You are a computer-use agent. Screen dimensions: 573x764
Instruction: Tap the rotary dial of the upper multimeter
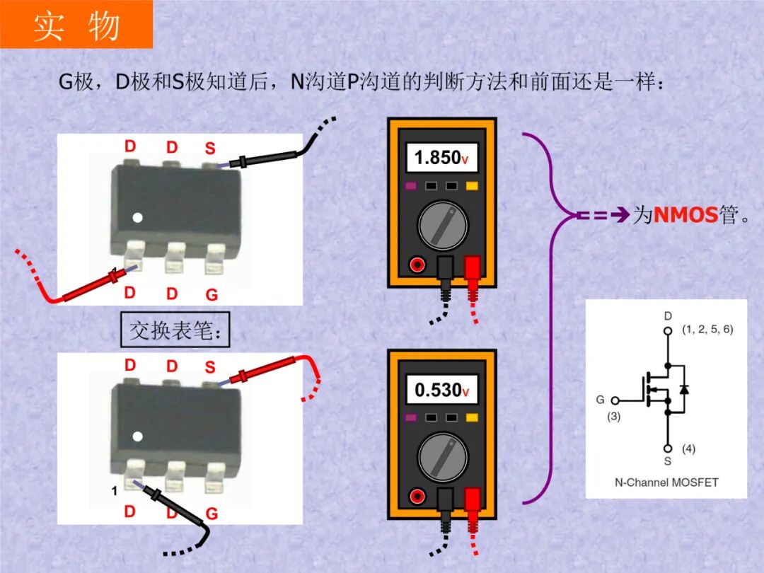coord(442,226)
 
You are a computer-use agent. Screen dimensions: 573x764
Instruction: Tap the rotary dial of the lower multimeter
coord(442,458)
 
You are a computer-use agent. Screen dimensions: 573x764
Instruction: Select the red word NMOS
coord(685,215)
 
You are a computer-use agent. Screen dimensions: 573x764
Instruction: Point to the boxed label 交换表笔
coord(175,330)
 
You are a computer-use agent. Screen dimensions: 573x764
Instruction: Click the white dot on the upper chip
coord(139,218)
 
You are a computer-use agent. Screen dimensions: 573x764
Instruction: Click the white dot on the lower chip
coord(139,436)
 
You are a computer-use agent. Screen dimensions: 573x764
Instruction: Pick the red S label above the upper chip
coord(210,149)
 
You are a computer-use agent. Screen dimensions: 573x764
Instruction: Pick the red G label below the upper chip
coord(212,294)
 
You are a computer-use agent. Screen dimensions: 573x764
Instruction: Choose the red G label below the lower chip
coord(212,514)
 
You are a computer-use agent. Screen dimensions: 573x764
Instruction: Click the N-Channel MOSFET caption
coord(666,482)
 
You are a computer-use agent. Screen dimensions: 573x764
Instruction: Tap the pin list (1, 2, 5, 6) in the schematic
coord(707,330)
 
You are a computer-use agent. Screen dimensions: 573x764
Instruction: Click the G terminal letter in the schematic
coord(600,400)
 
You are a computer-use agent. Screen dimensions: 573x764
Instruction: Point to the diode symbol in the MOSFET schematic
coord(683,390)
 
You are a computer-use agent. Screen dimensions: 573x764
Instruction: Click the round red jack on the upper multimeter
coord(417,265)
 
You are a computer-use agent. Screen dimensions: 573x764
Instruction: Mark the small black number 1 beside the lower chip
coord(114,490)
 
